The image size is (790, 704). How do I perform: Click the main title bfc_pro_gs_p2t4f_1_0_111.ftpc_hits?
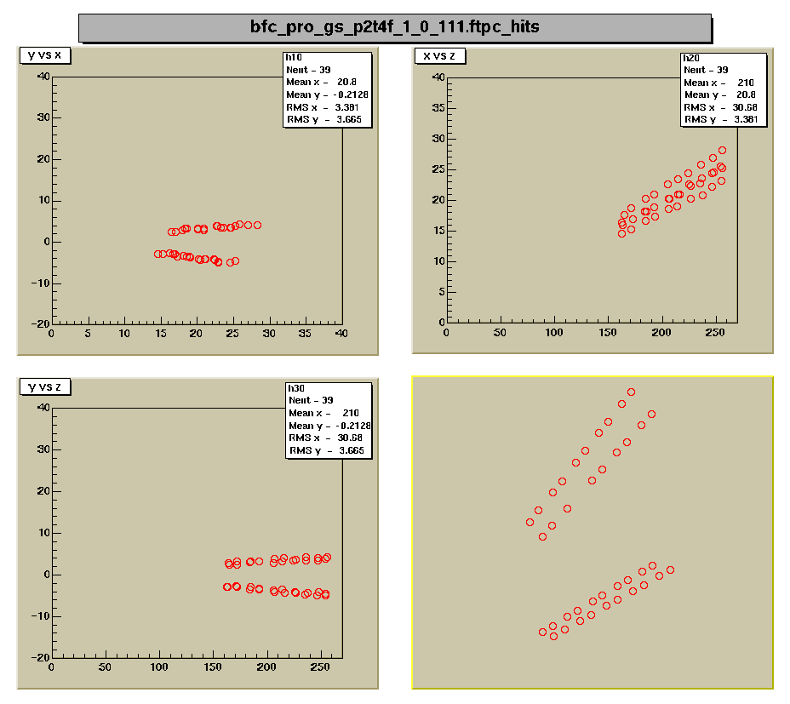(x=394, y=27)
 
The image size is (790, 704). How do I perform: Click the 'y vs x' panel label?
(x=44, y=55)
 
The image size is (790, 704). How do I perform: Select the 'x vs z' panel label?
(x=439, y=55)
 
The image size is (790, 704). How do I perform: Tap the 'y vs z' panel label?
(x=44, y=386)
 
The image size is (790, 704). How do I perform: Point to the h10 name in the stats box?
(x=295, y=58)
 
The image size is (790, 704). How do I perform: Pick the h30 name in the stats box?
(x=296, y=388)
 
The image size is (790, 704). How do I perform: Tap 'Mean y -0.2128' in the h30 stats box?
(x=329, y=426)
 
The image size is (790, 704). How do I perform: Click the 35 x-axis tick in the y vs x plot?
(x=305, y=332)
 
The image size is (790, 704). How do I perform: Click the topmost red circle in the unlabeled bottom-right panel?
(x=631, y=392)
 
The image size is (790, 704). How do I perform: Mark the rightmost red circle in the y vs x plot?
(x=257, y=226)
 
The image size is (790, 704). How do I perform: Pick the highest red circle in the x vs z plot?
(x=722, y=151)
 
